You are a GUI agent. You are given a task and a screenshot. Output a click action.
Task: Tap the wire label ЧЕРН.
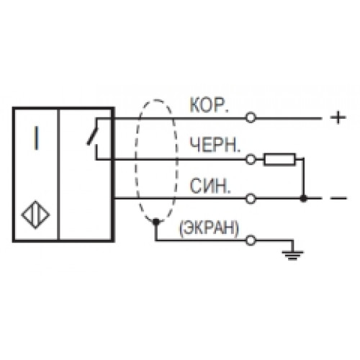(x=215, y=145)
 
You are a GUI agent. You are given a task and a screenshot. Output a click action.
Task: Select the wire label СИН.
(x=210, y=186)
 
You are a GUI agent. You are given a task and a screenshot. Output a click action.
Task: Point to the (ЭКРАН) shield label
(x=209, y=228)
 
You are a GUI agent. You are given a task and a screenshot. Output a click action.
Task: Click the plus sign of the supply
(x=338, y=117)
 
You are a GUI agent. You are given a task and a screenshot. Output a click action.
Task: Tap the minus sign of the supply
(x=338, y=198)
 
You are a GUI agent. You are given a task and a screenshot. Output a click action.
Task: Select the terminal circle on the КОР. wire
(x=251, y=118)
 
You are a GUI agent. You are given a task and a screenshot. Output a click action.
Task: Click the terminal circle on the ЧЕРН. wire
(x=251, y=159)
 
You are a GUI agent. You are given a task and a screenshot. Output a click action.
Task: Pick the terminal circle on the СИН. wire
(x=251, y=199)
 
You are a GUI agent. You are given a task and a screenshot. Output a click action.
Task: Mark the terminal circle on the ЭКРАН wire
(x=251, y=240)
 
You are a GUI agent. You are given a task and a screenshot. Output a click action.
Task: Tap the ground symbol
(x=292, y=255)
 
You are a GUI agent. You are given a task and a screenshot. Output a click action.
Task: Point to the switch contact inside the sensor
(x=93, y=136)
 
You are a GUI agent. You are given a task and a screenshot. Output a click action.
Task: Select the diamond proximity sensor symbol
(x=35, y=215)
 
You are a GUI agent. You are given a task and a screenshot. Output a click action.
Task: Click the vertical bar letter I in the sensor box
(x=36, y=138)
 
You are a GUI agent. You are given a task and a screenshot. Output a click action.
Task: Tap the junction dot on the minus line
(x=304, y=199)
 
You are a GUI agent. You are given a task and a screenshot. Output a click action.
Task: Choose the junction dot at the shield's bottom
(x=156, y=222)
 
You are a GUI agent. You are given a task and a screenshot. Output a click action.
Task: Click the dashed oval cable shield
(x=135, y=161)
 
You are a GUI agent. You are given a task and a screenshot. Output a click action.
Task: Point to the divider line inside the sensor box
(x=58, y=174)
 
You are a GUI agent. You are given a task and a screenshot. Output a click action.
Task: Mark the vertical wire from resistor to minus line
(x=304, y=178)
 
